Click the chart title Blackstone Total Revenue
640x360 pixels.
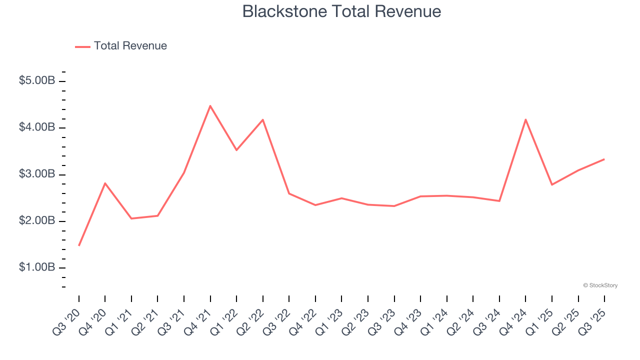pyautogui.click(x=341, y=11)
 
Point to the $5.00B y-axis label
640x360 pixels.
pyautogui.click(x=37, y=80)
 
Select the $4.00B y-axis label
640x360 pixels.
pyautogui.click(x=37, y=127)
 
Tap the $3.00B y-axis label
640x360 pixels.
pyautogui.click(x=37, y=174)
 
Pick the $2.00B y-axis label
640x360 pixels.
pyautogui.click(x=37, y=220)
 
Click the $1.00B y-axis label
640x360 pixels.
pyautogui.click(x=37, y=267)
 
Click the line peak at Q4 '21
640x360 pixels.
pyautogui.click(x=210, y=106)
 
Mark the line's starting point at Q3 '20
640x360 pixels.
pyautogui.click(x=79, y=245)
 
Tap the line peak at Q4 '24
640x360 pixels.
pyautogui.click(x=526, y=119)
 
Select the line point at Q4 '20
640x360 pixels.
pyautogui.click(x=105, y=183)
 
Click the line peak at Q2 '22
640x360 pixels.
pyautogui.click(x=263, y=120)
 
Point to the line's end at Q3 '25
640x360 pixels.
pyautogui.click(x=604, y=159)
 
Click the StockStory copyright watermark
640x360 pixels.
pyautogui.click(x=600, y=285)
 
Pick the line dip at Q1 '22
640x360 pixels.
pyautogui.click(x=236, y=150)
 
